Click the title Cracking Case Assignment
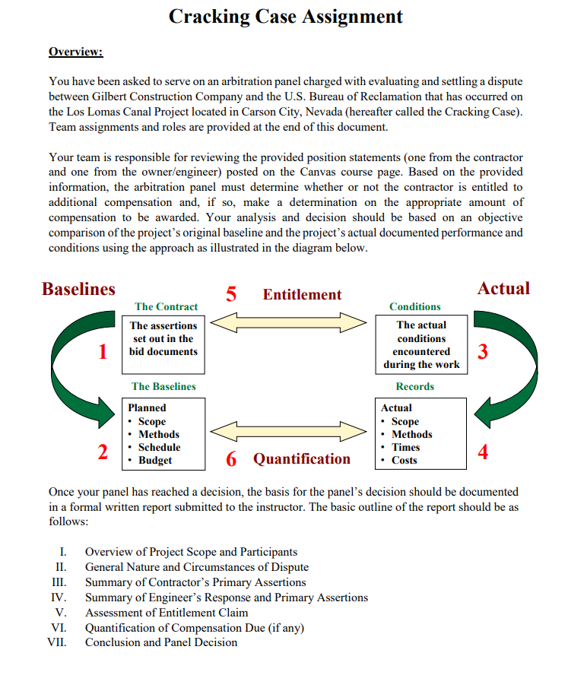click(286, 16)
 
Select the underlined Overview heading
click(75, 52)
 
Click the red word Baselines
click(78, 289)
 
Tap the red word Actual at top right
click(503, 288)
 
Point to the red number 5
click(232, 294)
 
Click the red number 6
click(232, 459)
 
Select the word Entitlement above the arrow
click(302, 295)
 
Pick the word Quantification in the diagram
click(302, 458)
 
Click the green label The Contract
click(166, 306)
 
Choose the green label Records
click(414, 386)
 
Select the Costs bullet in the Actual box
click(404, 460)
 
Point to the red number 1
click(101, 352)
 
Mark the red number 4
click(481, 453)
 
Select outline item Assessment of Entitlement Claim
click(167, 613)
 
